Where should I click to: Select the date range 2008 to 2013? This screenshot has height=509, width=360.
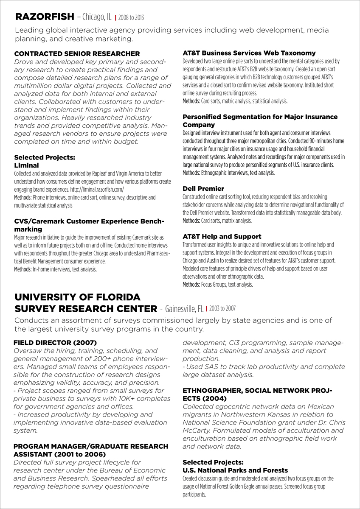[131, 18]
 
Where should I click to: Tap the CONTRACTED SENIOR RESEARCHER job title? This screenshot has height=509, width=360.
[77, 54]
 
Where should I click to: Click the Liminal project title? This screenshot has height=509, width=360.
[26, 165]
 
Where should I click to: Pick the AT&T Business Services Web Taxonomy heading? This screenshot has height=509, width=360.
[249, 53]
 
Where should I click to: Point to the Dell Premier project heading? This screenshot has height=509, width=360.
[203, 189]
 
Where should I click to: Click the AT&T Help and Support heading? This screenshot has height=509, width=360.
[222, 237]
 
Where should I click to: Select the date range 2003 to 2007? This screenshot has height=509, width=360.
[222, 308]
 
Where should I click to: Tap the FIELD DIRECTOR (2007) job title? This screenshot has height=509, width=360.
[55, 343]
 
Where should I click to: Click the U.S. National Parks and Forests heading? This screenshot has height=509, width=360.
[235, 470]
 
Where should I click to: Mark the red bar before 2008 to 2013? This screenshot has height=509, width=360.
[115, 18]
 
